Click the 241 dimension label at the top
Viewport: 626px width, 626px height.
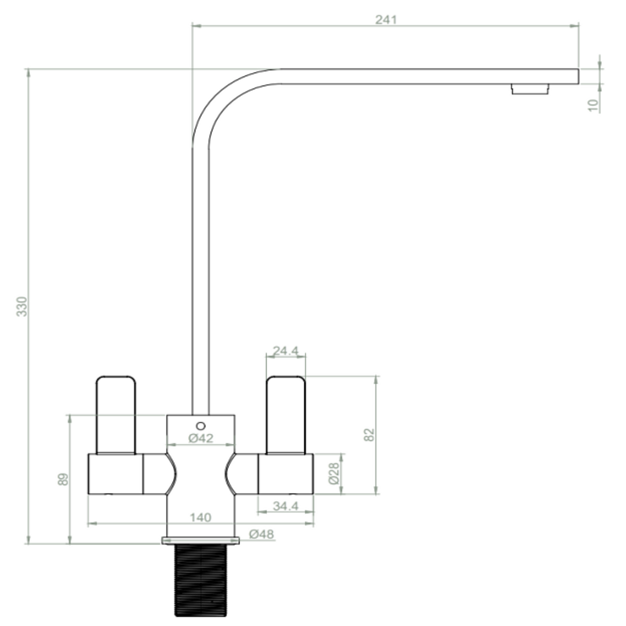click(x=386, y=20)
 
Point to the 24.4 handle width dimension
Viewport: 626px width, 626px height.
click(x=285, y=351)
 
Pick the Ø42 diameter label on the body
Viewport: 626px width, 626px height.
click(x=201, y=439)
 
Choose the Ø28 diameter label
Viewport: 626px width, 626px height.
click(x=334, y=473)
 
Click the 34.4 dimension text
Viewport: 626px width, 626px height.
click(x=286, y=506)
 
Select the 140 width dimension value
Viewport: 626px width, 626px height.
click(x=200, y=517)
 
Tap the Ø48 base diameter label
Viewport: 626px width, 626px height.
click(x=261, y=534)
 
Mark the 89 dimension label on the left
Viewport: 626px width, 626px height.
click(x=63, y=480)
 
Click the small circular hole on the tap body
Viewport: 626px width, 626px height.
click(x=201, y=425)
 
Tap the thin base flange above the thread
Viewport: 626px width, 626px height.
click(x=201, y=540)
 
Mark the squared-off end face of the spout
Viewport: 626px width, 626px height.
click(x=578, y=76)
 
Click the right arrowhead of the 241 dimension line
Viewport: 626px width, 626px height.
click(x=575, y=25)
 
